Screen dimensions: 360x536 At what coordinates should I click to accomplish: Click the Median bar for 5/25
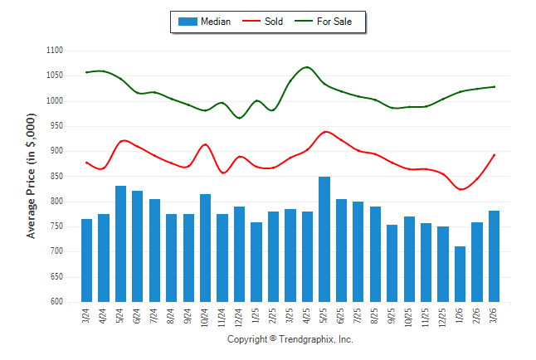coord(324,239)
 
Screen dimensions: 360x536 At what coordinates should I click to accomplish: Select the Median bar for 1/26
coord(460,274)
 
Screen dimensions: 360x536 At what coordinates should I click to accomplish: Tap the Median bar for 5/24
coord(120,244)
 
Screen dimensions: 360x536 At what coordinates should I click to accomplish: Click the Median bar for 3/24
coord(86,260)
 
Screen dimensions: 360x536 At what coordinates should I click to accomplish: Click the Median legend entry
coord(204,22)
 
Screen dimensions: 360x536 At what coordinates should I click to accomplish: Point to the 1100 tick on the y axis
coord(55,51)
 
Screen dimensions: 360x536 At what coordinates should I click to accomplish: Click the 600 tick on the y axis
coord(56,302)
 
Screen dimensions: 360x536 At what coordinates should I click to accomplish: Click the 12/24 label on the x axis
coord(240,316)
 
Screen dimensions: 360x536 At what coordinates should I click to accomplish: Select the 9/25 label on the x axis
coord(392,316)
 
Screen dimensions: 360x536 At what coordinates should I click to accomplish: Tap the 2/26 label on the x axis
coord(477,316)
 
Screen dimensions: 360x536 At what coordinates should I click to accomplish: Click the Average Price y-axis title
coord(32,176)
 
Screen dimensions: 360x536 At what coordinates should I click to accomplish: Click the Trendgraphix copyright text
coord(290,340)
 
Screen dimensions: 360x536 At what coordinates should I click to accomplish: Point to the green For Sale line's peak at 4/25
coord(307,67)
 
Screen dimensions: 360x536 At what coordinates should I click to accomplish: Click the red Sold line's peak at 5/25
coord(324,131)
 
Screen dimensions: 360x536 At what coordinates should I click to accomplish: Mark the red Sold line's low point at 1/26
coord(461,189)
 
